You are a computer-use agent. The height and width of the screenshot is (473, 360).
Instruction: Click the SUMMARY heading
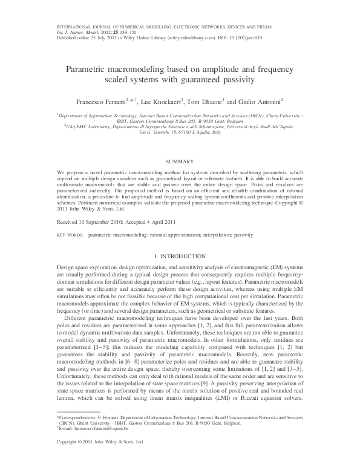tap(180, 161)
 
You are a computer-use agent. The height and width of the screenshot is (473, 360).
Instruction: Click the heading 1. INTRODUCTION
tap(180, 256)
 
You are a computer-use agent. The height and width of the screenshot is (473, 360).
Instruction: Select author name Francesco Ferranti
tap(96, 100)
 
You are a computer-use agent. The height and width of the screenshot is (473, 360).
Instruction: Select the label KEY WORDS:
tap(70, 217)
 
